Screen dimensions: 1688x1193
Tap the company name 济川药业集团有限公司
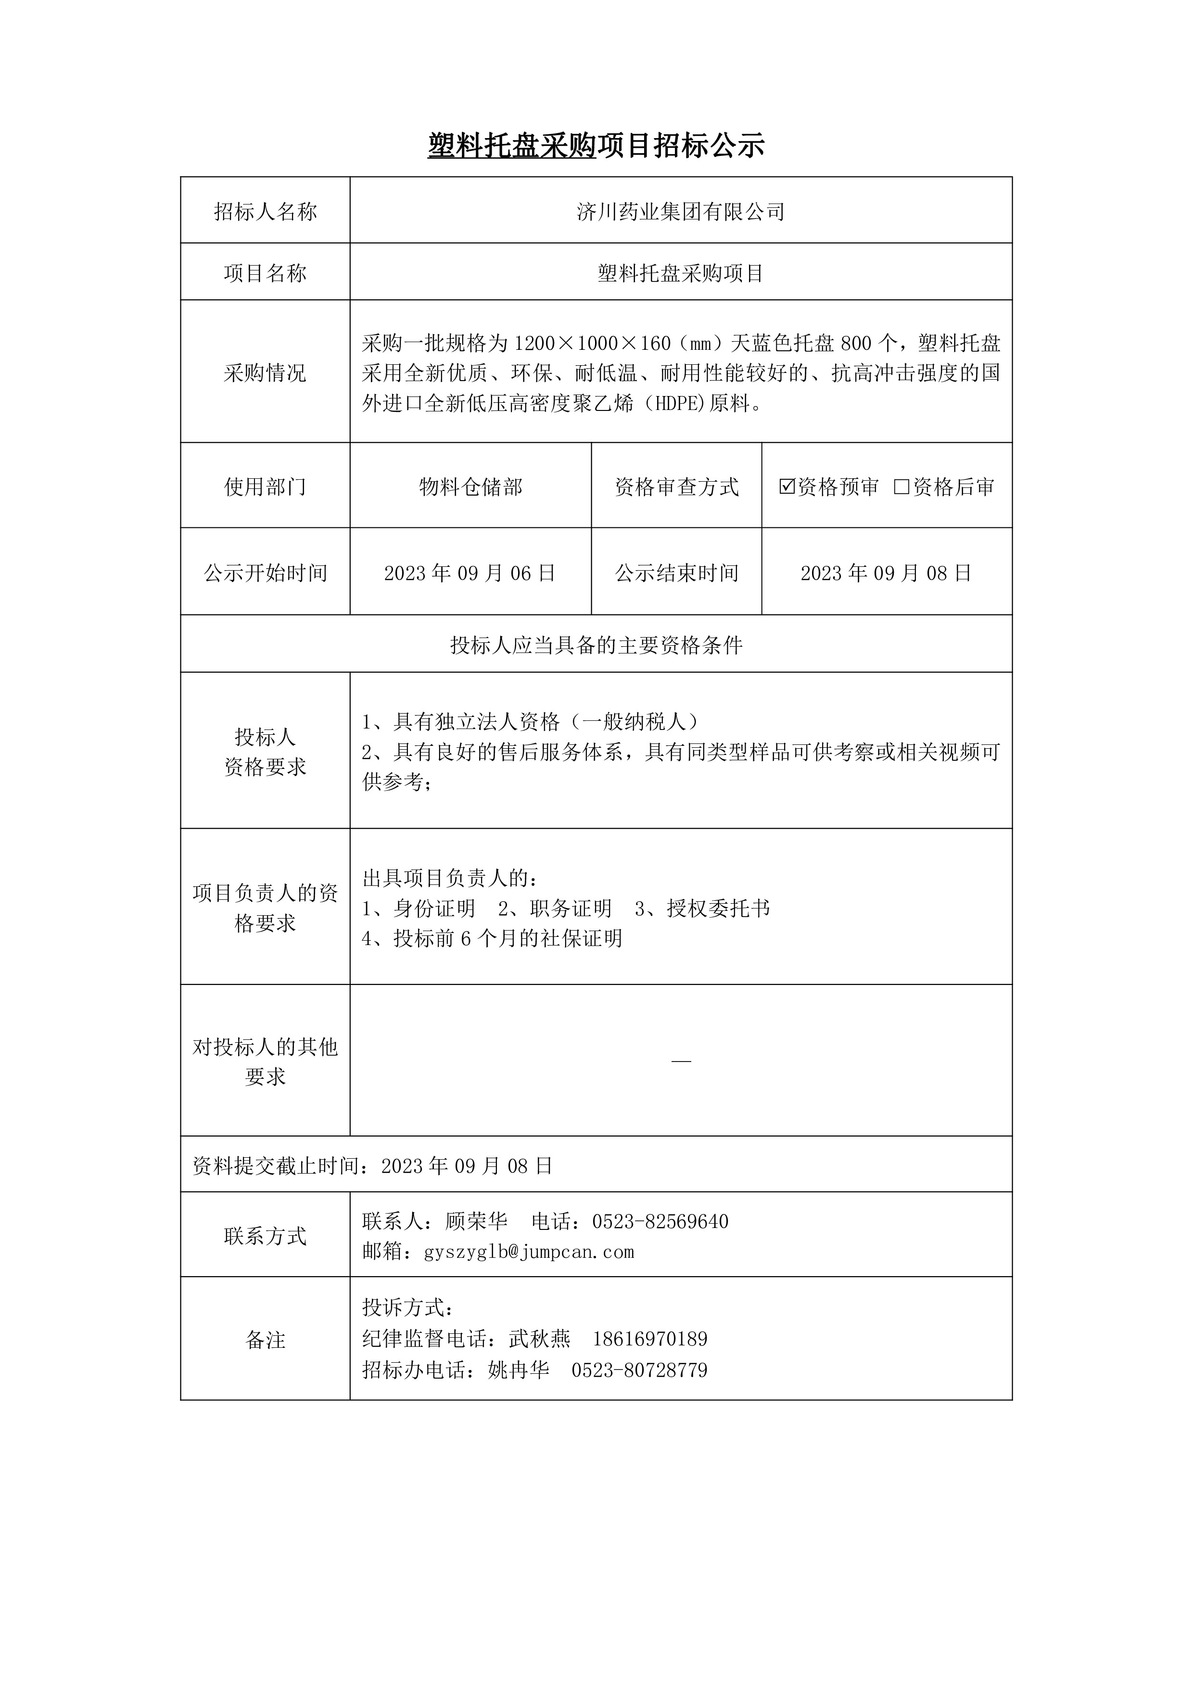tap(681, 212)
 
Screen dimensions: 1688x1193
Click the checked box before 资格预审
tap(787, 486)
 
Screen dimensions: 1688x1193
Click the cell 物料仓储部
tap(470, 486)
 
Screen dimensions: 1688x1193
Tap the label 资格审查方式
tap(676, 486)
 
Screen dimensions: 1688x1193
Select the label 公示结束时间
tap(676, 573)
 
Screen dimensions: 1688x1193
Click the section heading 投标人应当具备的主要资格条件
tap(596, 645)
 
